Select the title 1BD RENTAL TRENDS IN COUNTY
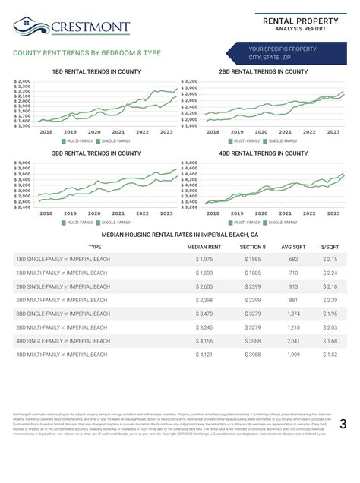96,71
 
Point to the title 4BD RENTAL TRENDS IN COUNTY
263,153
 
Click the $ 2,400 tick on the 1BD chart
22,80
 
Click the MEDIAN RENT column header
204,247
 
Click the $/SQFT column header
330,247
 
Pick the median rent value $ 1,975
204,260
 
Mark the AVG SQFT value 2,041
293,341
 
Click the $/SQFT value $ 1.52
330,355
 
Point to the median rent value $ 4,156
204,341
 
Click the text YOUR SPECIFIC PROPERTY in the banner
282,49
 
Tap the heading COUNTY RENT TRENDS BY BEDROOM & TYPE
87,54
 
